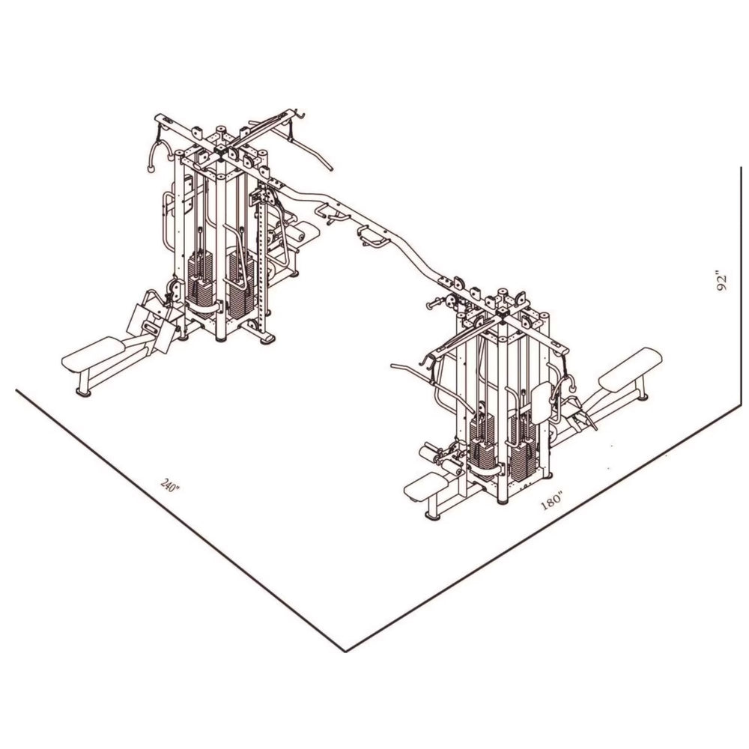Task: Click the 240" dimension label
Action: (171, 485)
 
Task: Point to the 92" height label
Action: (721, 281)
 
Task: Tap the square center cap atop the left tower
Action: (221, 150)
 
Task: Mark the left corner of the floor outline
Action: (16, 389)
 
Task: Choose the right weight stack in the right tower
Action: (523, 446)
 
